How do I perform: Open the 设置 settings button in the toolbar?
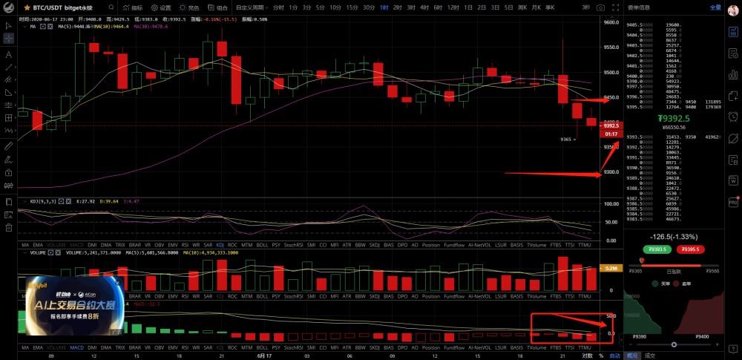(x=162, y=7)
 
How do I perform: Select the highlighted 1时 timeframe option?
(x=384, y=7)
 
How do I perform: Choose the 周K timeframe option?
(x=522, y=7)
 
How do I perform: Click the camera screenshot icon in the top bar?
(x=600, y=7)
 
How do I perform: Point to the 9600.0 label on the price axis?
(x=611, y=22)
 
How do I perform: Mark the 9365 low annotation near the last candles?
(x=568, y=139)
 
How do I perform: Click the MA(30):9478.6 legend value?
(x=151, y=26)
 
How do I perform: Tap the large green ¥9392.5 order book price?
(x=674, y=118)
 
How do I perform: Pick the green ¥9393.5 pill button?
(x=658, y=249)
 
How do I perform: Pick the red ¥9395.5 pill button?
(x=691, y=249)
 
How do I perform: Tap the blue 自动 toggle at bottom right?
(x=614, y=356)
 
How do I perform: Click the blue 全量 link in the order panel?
(x=715, y=7)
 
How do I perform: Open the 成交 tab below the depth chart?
(x=650, y=356)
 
